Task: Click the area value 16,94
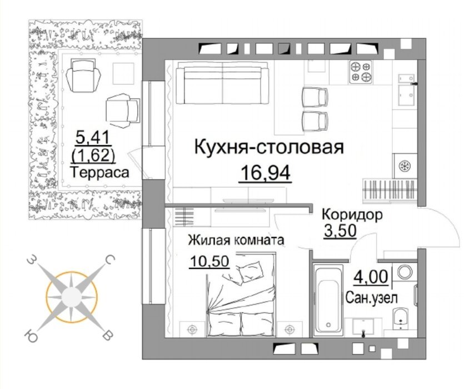[266, 173]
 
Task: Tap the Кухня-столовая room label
[269, 147]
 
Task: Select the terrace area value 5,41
[93, 138]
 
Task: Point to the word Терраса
[99, 172]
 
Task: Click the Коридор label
[352, 215]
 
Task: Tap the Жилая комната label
[236, 240]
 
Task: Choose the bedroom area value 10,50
[209, 261]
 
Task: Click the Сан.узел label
[371, 297]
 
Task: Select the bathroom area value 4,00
[371, 278]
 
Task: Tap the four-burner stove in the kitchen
[361, 71]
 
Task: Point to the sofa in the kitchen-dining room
[222, 83]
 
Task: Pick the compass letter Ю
[31, 336]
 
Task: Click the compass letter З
[32, 260]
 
